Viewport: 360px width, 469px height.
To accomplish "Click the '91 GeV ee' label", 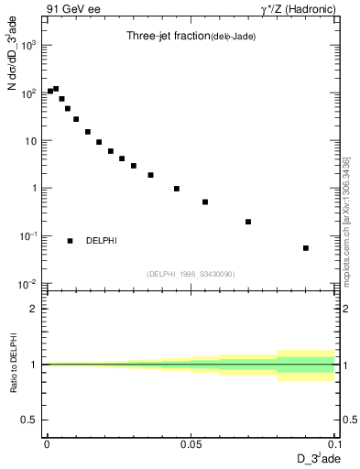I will (73, 11).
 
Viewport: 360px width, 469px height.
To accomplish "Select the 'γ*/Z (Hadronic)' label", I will (299, 11).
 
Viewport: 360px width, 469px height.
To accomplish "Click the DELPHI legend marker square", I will (70, 241).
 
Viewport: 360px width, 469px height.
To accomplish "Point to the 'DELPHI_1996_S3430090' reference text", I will (190, 274).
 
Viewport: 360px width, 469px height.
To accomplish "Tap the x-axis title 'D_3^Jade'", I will (317, 458).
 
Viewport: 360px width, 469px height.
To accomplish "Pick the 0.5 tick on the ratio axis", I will (30, 420).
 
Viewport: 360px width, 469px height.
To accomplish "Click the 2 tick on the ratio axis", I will (34, 309).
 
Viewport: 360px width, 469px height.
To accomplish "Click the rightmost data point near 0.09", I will (306, 247).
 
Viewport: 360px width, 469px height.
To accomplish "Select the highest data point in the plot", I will (56, 89).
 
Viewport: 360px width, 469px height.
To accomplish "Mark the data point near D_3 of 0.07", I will (248, 222).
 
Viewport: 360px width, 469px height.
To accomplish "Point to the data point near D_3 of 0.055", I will (205, 202).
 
